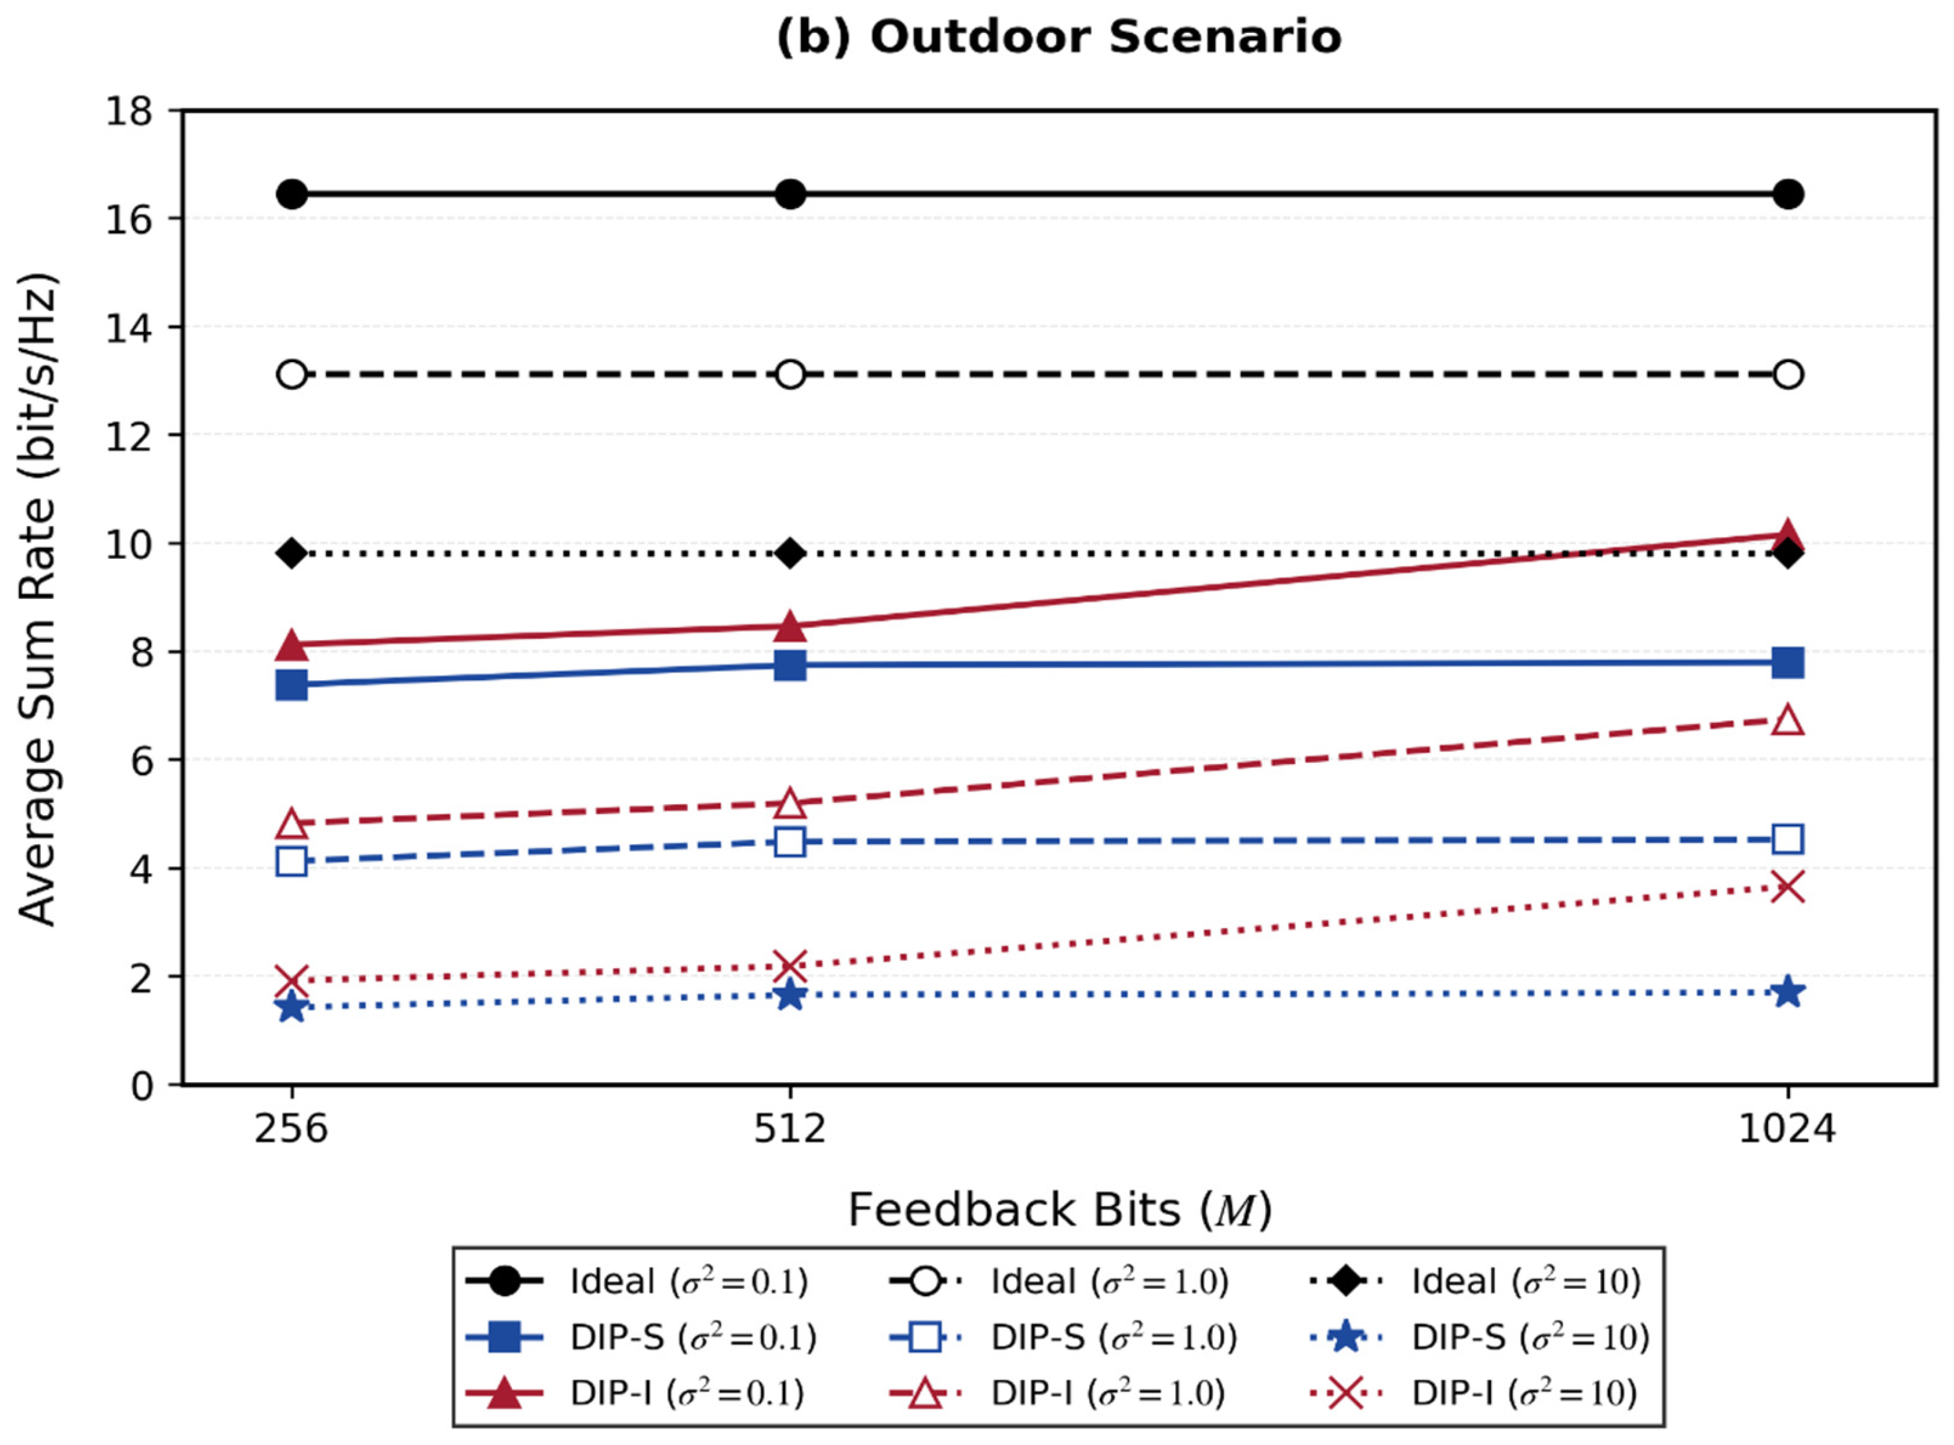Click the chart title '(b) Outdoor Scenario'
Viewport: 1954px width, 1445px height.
click(1059, 37)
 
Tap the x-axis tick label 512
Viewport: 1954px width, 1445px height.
click(790, 1129)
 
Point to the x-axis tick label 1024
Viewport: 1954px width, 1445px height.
click(1787, 1129)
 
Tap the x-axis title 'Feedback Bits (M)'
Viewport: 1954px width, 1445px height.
click(1059, 1211)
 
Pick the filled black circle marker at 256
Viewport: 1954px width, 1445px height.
click(292, 194)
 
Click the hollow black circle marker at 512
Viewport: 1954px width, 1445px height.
click(790, 374)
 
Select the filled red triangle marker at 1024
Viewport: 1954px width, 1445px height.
click(1787, 534)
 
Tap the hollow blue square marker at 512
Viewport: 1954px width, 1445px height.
click(790, 842)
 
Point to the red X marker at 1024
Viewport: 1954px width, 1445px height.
click(1787, 887)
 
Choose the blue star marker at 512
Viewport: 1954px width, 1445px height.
click(790, 995)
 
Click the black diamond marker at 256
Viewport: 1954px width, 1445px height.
click(292, 554)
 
